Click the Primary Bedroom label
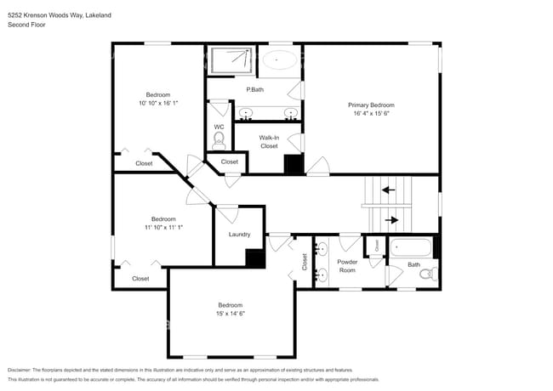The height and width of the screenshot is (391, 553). click(371, 105)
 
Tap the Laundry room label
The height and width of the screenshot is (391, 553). click(239, 235)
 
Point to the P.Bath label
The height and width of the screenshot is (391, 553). click(254, 90)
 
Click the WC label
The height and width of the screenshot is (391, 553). click(219, 127)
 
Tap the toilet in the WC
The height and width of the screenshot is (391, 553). click(219, 139)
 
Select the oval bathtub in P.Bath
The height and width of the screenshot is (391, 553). click(280, 60)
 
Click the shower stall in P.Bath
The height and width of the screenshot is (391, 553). click(231, 60)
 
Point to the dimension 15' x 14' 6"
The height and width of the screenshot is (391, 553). click(230, 314)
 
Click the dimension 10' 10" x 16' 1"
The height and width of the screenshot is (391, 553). click(157, 103)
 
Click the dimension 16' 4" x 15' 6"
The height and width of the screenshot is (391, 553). click(371, 113)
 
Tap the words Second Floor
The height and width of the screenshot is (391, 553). click(26, 25)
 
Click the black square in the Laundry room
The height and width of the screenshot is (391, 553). click(254, 258)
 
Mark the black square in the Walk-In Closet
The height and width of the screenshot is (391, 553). click(294, 164)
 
